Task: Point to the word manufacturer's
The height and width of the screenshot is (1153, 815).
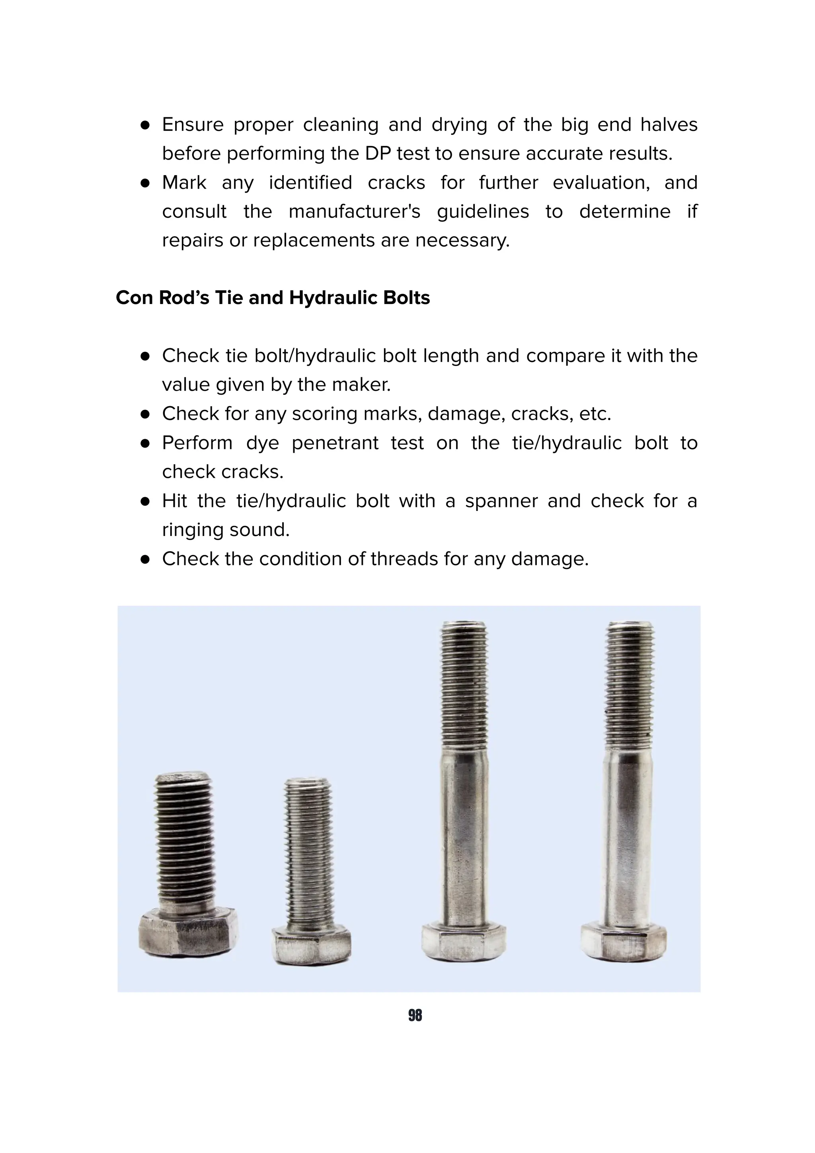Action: coord(355,211)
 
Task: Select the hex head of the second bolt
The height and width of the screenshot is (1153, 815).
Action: coord(311,945)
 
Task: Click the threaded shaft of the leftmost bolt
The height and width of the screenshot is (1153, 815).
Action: coord(184,843)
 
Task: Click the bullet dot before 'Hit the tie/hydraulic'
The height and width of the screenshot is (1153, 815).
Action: coord(146,501)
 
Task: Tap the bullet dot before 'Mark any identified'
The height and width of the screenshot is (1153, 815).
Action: coord(146,183)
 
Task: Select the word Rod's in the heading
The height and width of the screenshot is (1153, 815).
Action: coord(184,298)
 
